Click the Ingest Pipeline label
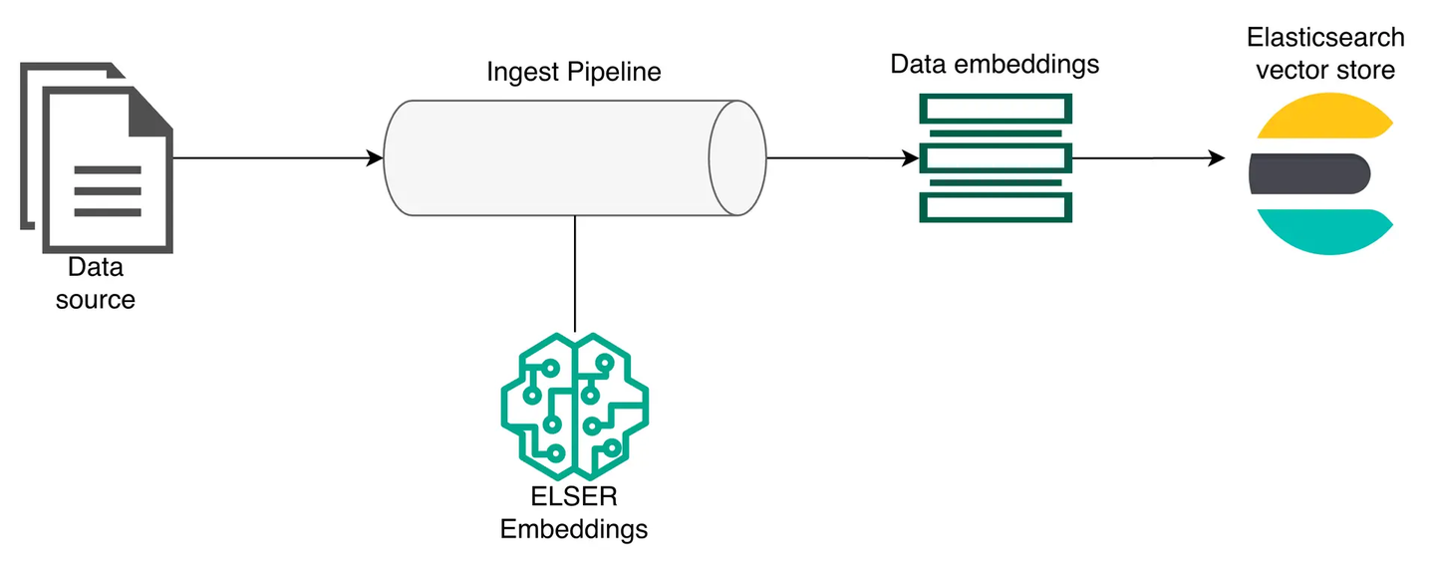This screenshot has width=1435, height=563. [x=573, y=73]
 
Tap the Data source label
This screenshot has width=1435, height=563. [x=96, y=283]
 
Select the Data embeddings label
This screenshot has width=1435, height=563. [x=995, y=65]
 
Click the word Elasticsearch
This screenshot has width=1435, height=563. [x=1325, y=37]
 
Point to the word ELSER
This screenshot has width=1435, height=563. [x=574, y=496]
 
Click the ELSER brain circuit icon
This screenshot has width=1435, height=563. [x=575, y=407]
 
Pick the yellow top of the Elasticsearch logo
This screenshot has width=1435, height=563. [x=1324, y=116]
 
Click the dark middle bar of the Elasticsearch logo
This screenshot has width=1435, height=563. [x=1309, y=173]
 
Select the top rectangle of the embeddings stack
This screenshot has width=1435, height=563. [x=996, y=109]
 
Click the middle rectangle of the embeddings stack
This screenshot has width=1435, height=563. [x=996, y=158]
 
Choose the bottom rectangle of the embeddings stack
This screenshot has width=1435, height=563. [x=996, y=208]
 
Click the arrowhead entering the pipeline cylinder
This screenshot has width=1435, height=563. [x=375, y=157]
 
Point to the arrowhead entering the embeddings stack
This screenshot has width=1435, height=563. [x=911, y=157]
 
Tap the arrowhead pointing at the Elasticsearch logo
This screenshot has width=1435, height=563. [x=1217, y=157]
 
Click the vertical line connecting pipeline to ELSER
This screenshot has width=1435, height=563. [x=575, y=273]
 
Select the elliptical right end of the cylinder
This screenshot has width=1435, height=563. [x=737, y=157]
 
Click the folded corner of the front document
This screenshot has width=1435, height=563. [x=148, y=112]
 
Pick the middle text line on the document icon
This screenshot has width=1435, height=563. [x=108, y=191]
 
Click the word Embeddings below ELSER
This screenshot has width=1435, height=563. [x=574, y=530]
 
